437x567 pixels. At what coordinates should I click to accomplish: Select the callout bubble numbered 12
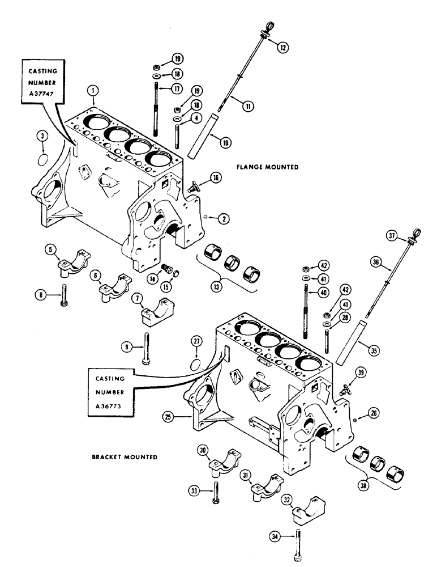[x=284, y=48]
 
